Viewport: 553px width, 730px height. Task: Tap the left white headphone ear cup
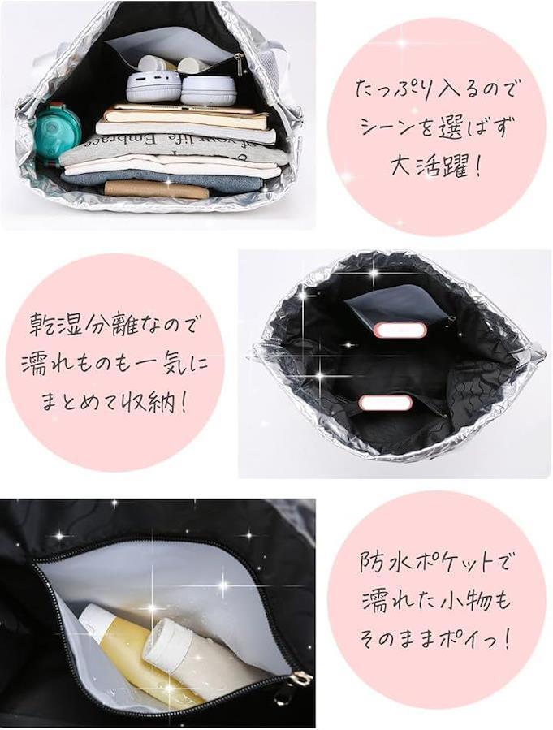coord(153,87)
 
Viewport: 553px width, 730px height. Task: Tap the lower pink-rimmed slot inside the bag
coord(384,402)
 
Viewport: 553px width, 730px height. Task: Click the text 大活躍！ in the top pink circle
coord(436,166)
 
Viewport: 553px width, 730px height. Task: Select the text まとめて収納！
coord(114,400)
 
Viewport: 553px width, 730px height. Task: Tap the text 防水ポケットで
coord(434,562)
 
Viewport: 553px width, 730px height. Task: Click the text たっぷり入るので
coord(436,89)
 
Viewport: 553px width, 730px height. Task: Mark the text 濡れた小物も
coord(437,601)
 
